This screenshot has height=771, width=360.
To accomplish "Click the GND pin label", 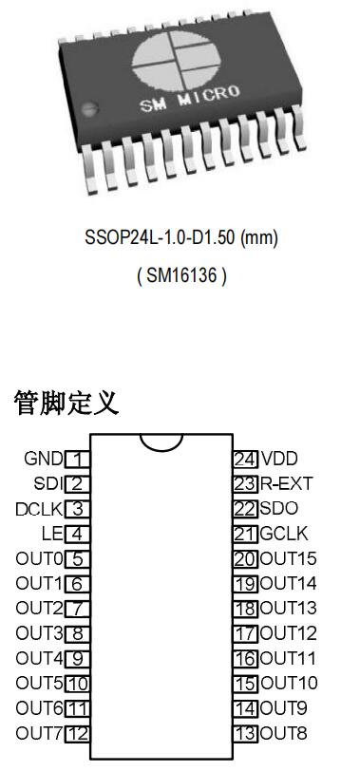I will tap(43, 459).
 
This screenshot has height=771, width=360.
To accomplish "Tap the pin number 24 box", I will tap(245, 459).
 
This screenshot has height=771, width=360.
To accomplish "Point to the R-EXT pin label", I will tap(286, 483).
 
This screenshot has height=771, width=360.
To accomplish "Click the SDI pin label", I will tap(47, 483).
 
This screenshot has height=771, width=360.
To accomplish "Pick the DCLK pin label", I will tap(39, 509).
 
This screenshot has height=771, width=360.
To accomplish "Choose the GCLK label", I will tap(284, 534).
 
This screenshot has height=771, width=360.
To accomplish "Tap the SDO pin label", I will tap(278, 509).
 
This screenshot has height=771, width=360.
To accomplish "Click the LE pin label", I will tap(51, 534).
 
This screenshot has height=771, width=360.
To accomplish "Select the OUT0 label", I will tap(39, 558).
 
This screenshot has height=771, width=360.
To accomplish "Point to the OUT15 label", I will tap(289, 558).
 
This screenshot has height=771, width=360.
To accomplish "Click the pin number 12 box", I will tap(78, 733).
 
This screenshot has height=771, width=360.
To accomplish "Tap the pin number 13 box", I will tap(245, 733).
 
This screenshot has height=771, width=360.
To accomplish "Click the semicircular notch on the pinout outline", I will tap(161, 442).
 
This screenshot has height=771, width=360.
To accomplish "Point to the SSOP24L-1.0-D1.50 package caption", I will tap(180, 237).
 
